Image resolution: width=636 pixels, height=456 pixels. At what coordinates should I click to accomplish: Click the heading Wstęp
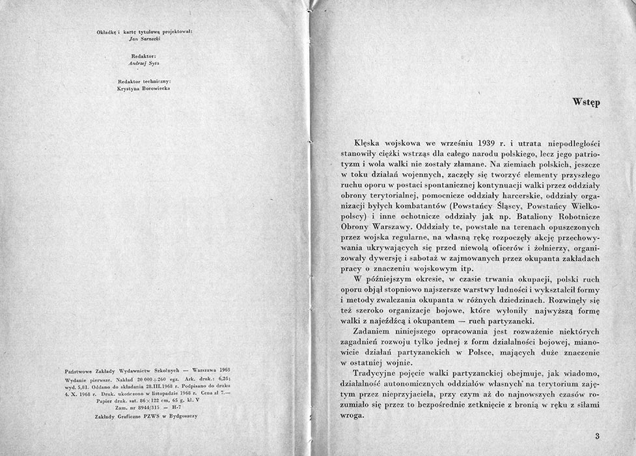coord(586,102)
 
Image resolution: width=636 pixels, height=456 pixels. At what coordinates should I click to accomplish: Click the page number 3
coord(596,436)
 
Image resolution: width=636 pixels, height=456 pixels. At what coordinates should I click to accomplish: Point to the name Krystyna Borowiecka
coord(143,87)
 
